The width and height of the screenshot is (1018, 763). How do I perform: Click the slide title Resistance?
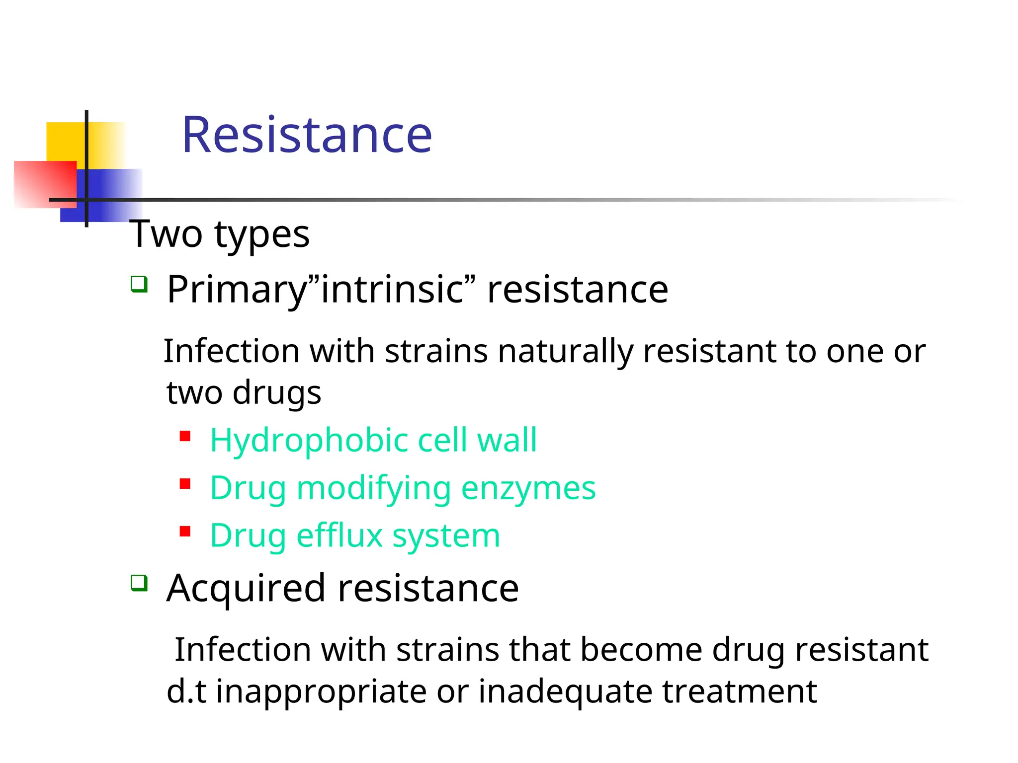[x=307, y=135]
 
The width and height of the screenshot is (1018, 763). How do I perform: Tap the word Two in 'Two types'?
[x=166, y=234]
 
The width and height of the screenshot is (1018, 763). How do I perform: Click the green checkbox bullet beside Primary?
[x=139, y=285]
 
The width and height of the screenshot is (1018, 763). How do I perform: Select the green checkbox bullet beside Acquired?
[x=139, y=583]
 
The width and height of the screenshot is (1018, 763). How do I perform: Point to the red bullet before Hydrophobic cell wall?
[x=185, y=437]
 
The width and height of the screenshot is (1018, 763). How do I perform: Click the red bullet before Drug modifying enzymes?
[x=185, y=484]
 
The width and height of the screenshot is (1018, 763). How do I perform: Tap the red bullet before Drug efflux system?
[x=185, y=532]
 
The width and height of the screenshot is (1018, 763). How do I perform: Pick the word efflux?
[x=339, y=535]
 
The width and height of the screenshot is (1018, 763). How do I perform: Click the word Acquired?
[x=246, y=589]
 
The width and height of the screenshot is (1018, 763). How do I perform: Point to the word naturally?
[x=565, y=352]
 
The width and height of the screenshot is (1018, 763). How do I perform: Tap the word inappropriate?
[x=321, y=691]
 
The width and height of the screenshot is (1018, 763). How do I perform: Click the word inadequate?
[x=565, y=691]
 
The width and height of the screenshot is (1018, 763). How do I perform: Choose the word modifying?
[x=373, y=488]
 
